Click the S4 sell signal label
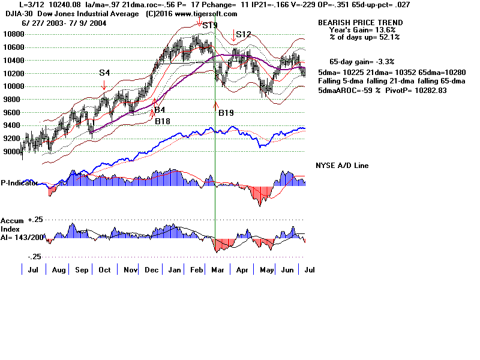[104, 73]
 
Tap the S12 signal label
[243, 35]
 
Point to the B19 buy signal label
[226, 113]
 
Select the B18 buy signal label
[163, 121]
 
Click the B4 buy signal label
[159, 110]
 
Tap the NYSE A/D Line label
[343, 166]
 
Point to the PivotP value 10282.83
[428, 90]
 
